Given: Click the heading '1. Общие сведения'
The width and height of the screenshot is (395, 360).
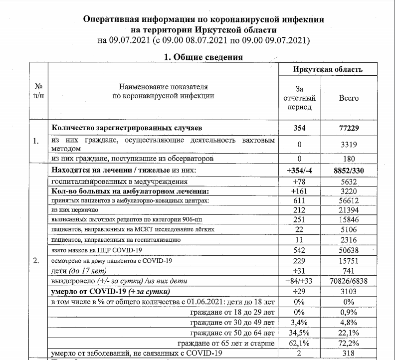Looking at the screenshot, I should click(x=203, y=57).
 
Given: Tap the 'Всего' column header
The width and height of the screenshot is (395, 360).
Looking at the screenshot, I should click(x=349, y=98).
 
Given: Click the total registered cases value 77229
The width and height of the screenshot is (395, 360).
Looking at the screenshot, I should click(x=349, y=128).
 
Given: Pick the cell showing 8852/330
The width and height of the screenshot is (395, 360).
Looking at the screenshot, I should click(x=349, y=171).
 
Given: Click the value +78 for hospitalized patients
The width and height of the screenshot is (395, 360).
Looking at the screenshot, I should click(x=300, y=182).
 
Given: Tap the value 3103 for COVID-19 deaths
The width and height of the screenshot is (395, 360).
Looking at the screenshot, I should click(x=349, y=292).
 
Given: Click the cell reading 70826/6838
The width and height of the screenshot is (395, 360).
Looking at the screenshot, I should click(x=349, y=282).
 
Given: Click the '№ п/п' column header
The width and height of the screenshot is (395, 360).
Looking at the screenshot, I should click(x=38, y=91).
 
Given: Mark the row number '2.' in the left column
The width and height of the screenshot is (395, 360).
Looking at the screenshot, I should click(x=36, y=260).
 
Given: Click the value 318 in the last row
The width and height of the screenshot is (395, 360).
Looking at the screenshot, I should click(x=349, y=354).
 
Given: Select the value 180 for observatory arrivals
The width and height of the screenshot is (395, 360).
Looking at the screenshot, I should click(x=349, y=159).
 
